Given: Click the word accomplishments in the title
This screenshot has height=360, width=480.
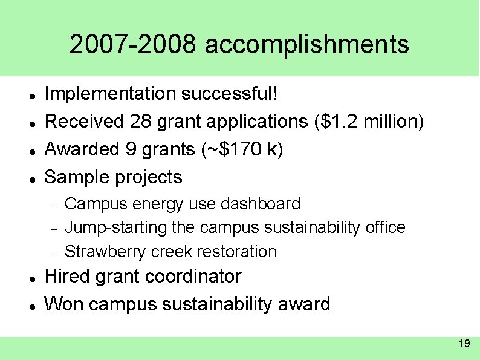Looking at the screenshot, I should click(x=307, y=45).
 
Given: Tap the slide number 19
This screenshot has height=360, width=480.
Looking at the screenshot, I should click(x=464, y=344).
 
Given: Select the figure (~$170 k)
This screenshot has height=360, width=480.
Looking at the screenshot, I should click(x=241, y=149).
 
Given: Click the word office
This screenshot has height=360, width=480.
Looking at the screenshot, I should click(x=385, y=228).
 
